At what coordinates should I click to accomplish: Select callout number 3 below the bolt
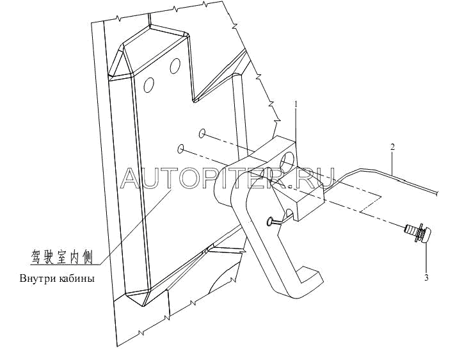(426, 278)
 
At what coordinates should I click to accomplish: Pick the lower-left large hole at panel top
(148, 85)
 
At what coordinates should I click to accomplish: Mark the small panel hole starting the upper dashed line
(202, 134)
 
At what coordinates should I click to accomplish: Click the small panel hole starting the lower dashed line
(181, 149)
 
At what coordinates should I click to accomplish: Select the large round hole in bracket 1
(289, 158)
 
